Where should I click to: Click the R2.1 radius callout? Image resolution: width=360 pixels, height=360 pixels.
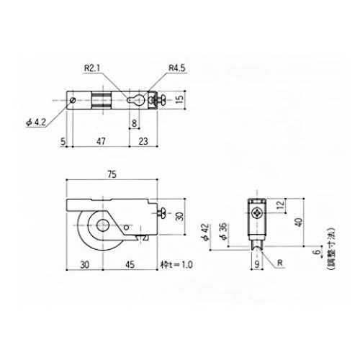click(x=92, y=68)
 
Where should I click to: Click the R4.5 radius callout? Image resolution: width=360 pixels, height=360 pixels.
click(x=177, y=68)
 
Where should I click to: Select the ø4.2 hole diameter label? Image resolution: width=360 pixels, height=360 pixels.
click(x=36, y=122)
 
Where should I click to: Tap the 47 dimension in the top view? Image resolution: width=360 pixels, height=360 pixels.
click(x=101, y=141)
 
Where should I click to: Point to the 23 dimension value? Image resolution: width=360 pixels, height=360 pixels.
click(x=143, y=141)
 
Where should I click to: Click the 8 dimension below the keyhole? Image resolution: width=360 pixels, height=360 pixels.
click(x=134, y=123)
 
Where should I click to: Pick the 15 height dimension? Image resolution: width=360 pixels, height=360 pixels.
click(x=179, y=99)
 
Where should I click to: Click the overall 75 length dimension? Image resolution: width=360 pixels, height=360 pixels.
click(x=112, y=174)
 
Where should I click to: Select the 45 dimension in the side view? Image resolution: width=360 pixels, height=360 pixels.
click(x=130, y=264)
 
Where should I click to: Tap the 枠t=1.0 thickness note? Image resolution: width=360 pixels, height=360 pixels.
click(x=176, y=264)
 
